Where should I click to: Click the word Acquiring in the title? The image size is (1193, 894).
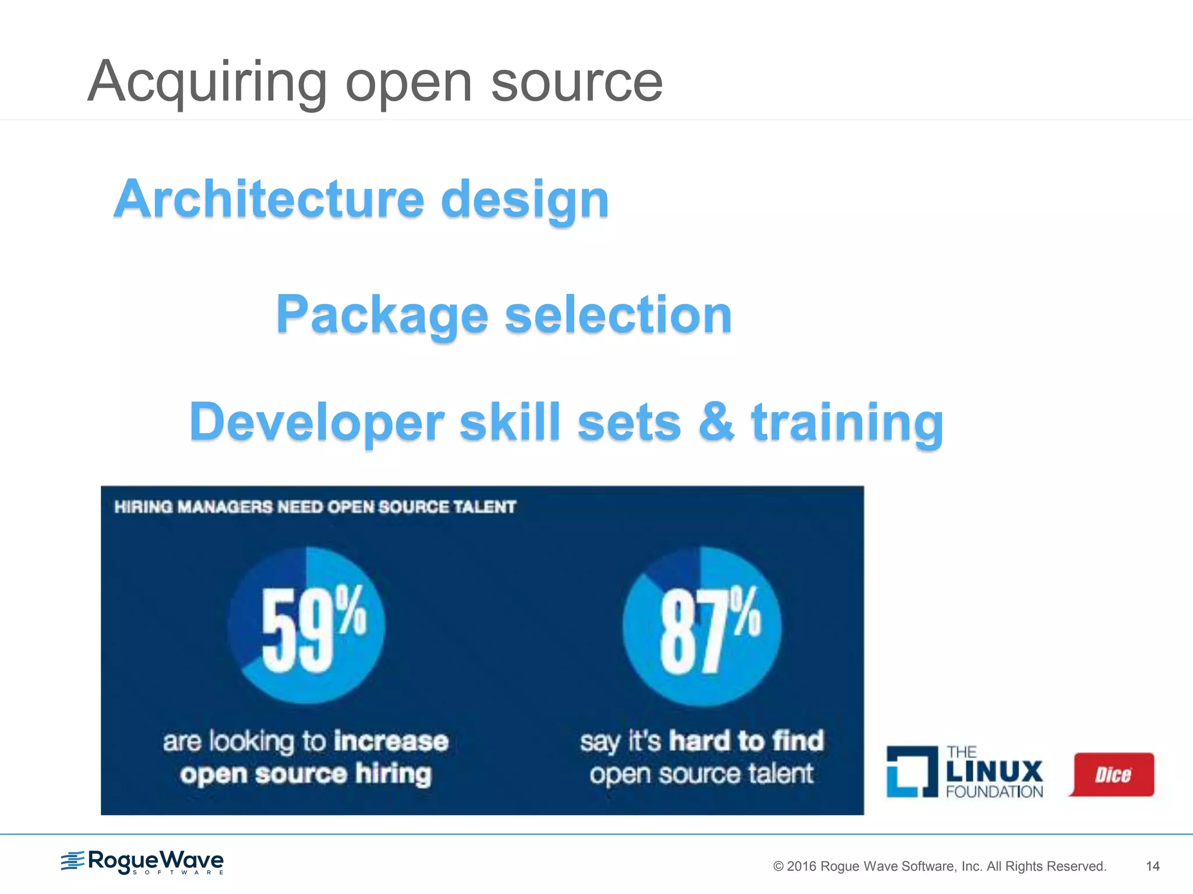click(207, 83)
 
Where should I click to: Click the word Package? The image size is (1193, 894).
click(382, 315)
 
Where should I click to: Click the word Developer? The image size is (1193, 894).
click(316, 423)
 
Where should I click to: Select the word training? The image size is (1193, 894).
click(848, 424)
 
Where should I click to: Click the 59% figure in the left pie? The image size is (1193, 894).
click(313, 629)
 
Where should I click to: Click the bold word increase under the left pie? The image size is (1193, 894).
click(391, 742)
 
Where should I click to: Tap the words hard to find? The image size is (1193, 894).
click(746, 741)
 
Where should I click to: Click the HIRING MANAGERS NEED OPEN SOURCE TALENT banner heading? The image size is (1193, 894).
click(315, 507)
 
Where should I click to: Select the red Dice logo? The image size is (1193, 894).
click(1112, 775)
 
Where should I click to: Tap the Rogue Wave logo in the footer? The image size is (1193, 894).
click(142, 861)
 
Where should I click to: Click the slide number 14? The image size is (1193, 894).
click(1152, 866)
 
